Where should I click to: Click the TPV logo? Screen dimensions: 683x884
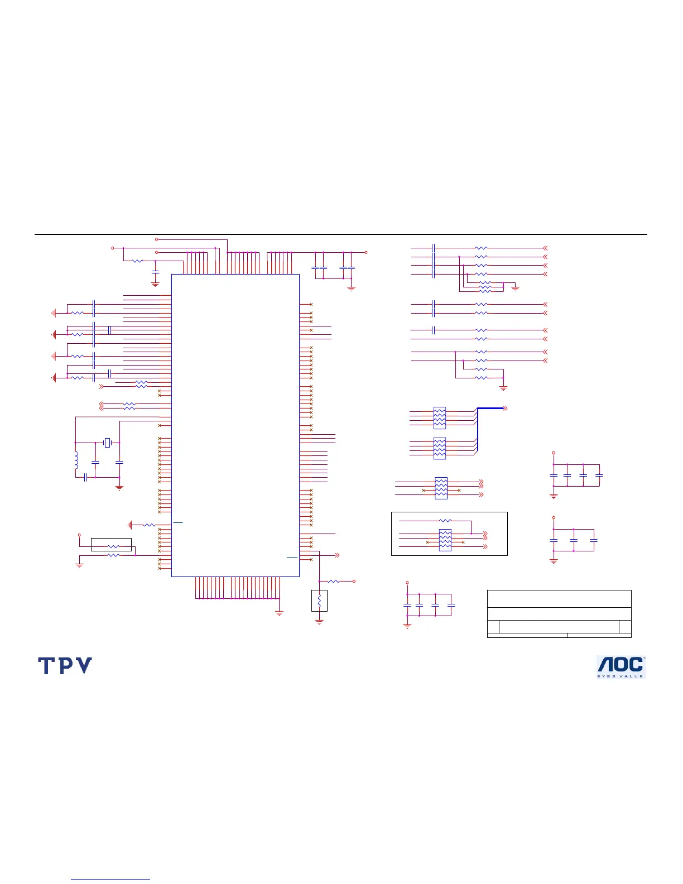[x=65, y=665]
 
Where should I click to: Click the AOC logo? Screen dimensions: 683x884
[x=621, y=666]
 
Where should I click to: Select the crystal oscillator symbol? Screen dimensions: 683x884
[x=108, y=443]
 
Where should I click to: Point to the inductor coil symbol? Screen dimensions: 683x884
[x=76, y=460]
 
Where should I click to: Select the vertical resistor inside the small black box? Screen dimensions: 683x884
[x=319, y=601]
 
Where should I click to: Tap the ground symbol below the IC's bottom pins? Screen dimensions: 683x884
[x=279, y=612]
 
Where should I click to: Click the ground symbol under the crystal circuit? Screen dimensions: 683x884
[x=119, y=487]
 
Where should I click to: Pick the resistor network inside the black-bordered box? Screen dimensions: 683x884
[x=445, y=540]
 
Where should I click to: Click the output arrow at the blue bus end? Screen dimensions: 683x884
[x=505, y=409]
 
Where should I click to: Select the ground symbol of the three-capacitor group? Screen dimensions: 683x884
[x=554, y=560]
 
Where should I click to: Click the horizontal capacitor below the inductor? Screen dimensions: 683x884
[x=85, y=477]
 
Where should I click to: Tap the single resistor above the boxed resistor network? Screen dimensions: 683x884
[x=445, y=521]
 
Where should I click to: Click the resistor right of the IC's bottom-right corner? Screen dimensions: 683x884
[x=334, y=581]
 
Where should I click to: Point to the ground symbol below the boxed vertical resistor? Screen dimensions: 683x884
[x=319, y=621]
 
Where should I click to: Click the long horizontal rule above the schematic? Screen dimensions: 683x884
[x=340, y=234]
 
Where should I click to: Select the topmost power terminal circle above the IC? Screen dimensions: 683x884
[x=157, y=239]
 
